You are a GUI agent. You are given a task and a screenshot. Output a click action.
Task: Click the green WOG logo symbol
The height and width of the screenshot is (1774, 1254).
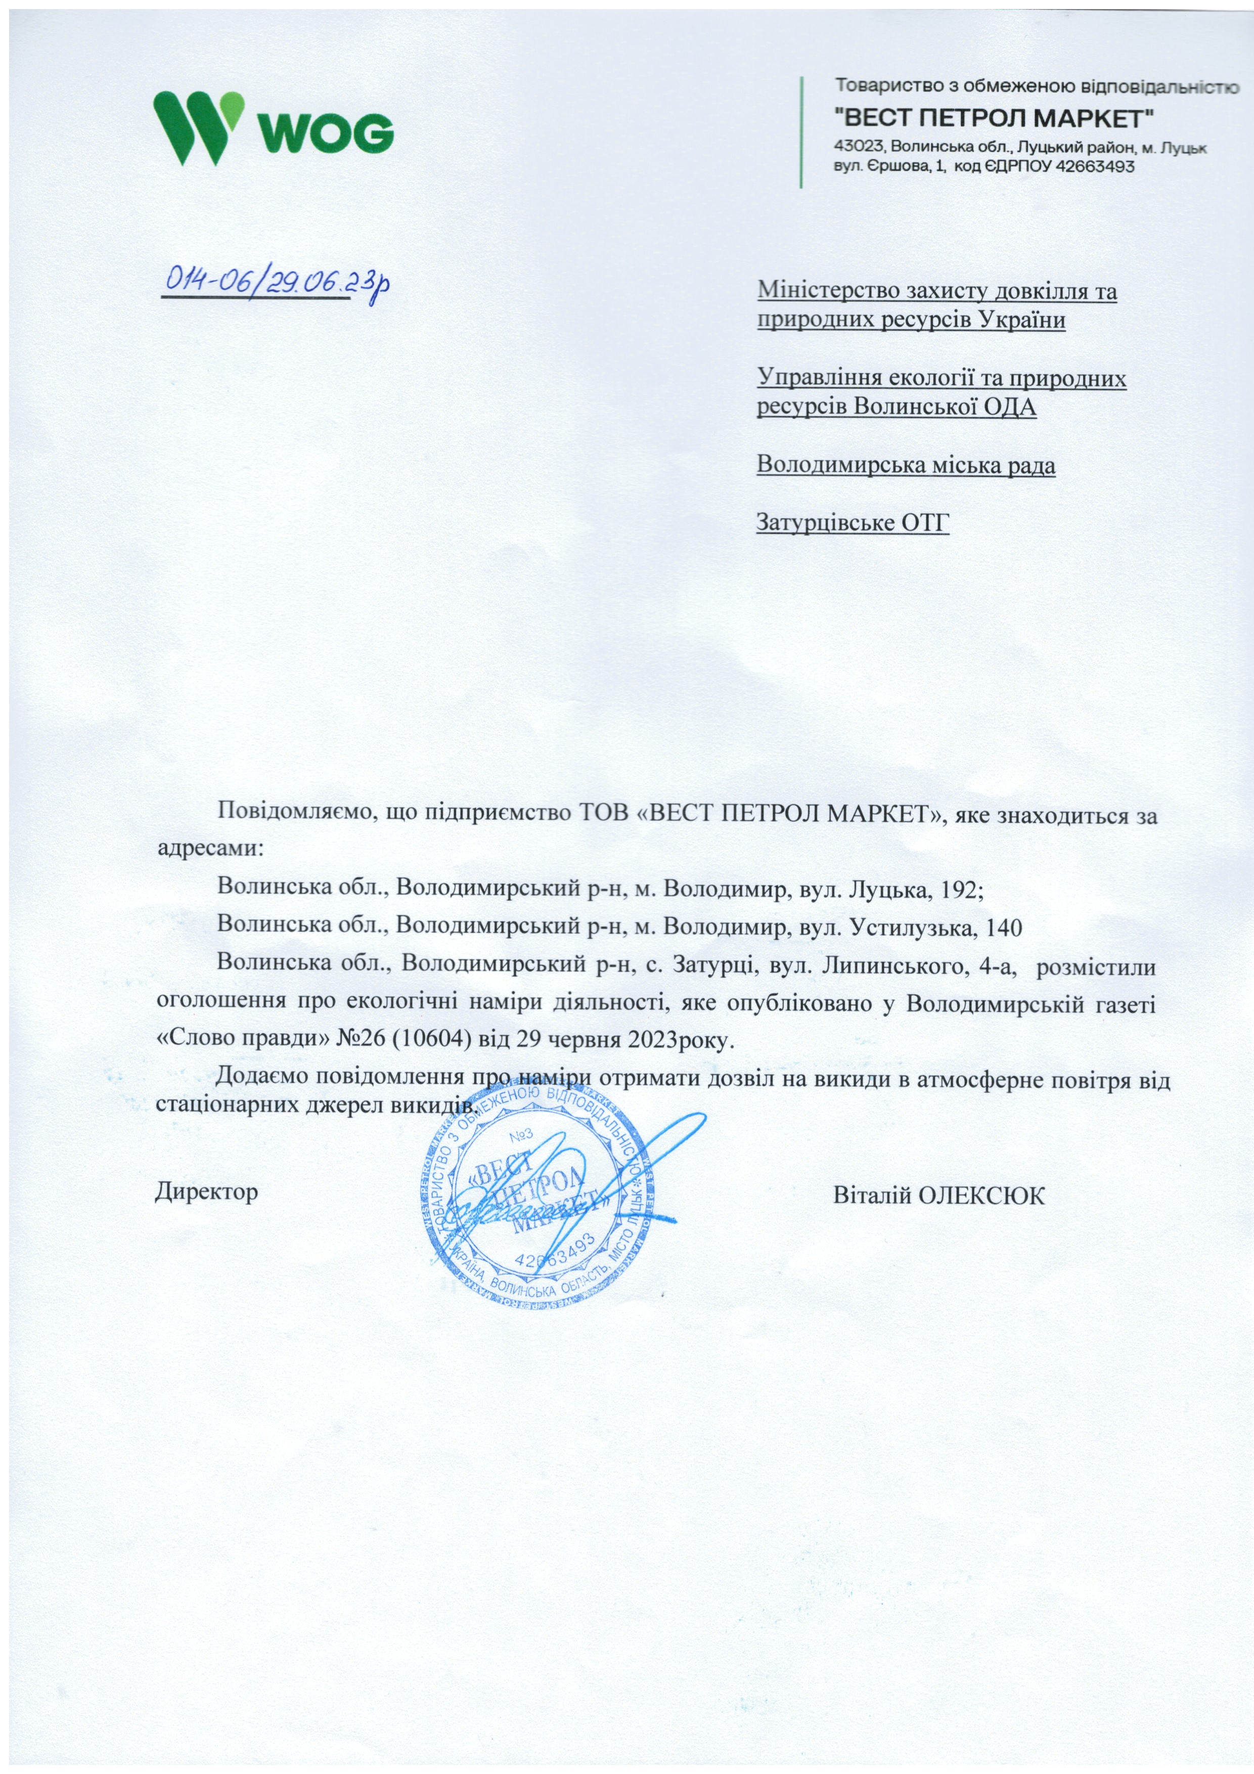click(x=199, y=127)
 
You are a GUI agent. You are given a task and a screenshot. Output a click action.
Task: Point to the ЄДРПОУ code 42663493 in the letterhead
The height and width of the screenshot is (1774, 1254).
click(x=1090, y=166)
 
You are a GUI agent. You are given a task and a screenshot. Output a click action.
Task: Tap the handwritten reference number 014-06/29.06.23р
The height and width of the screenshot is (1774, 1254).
click(x=274, y=282)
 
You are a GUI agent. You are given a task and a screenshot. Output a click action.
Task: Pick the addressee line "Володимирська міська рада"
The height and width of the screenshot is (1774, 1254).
click(x=906, y=465)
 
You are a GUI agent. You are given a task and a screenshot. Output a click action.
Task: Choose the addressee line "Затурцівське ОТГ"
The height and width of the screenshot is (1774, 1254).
click(x=852, y=523)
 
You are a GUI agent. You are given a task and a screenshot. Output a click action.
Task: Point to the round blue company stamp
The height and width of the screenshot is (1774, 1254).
click(x=541, y=1190)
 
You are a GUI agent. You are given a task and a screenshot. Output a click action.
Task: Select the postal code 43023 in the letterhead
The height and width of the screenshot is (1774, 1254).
click(x=859, y=146)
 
